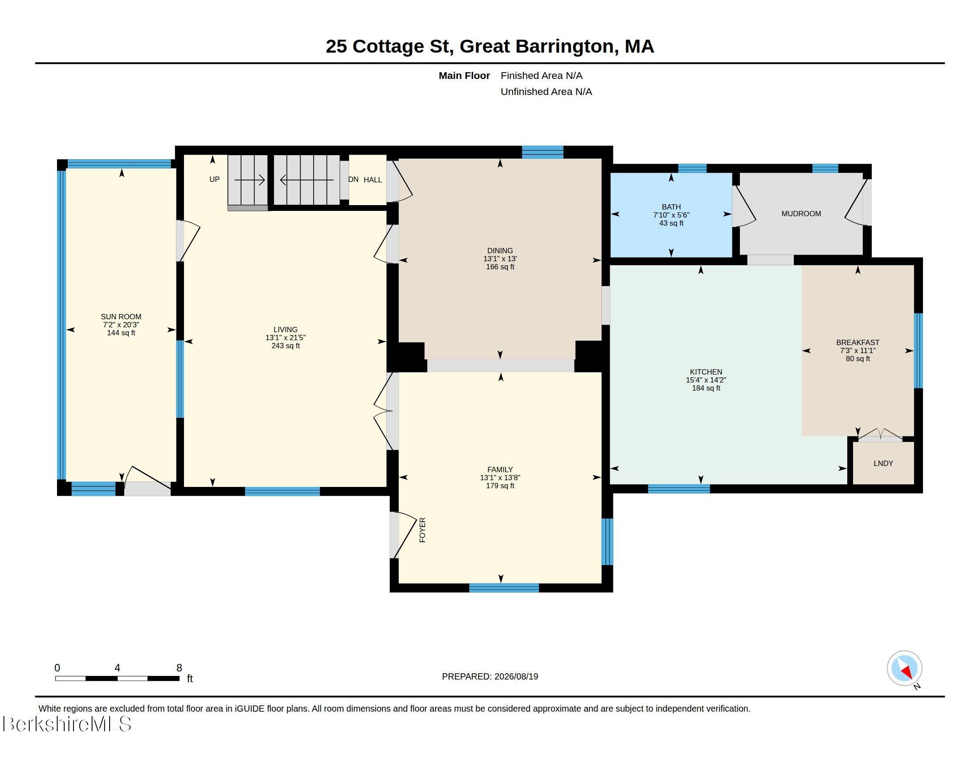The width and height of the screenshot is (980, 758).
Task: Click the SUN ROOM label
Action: tap(121, 317)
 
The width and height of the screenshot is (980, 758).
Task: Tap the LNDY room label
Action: tap(883, 463)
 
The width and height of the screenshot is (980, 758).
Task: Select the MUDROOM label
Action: tap(801, 214)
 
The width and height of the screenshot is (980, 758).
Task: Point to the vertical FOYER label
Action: tap(422, 530)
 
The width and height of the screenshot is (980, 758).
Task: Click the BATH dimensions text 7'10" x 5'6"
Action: tap(671, 215)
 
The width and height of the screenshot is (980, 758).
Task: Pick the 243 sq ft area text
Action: tap(286, 346)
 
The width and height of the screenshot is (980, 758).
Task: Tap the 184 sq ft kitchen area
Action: tap(706, 388)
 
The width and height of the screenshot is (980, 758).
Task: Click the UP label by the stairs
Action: tap(215, 180)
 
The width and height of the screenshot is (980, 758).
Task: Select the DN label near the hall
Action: tap(353, 180)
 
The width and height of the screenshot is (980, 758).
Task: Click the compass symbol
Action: tap(904, 668)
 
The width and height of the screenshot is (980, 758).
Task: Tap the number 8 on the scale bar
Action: tap(179, 668)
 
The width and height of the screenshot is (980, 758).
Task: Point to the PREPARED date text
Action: tap(490, 676)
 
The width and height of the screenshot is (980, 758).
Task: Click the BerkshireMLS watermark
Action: tap(67, 724)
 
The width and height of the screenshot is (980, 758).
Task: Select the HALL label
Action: tap(372, 180)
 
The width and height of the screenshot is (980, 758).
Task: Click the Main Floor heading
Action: tap(464, 75)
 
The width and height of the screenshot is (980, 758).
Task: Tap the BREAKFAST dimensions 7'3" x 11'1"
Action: tap(857, 351)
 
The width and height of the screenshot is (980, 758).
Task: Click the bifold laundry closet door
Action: tap(880, 435)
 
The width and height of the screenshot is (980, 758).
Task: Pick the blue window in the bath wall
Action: tap(692, 169)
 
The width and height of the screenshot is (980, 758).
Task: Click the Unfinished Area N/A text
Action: tap(546, 91)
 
